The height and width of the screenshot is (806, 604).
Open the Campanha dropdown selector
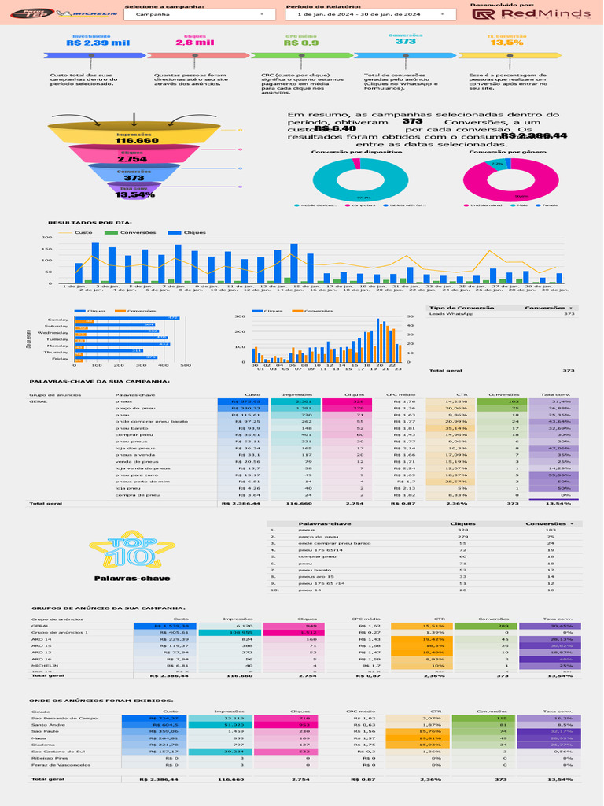pyautogui.click(x=194, y=14)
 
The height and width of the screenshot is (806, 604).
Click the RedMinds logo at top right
pyautogui.click(x=528, y=14)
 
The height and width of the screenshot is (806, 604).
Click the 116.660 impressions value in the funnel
pyautogui.click(x=137, y=140)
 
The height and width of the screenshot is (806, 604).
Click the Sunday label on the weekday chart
pyautogui.click(x=58, y=320)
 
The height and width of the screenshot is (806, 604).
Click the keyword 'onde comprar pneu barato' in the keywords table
pyautogui.click(x=152, y=422)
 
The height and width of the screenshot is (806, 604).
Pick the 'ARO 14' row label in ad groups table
pyautogui.click(x=42, y=639)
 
